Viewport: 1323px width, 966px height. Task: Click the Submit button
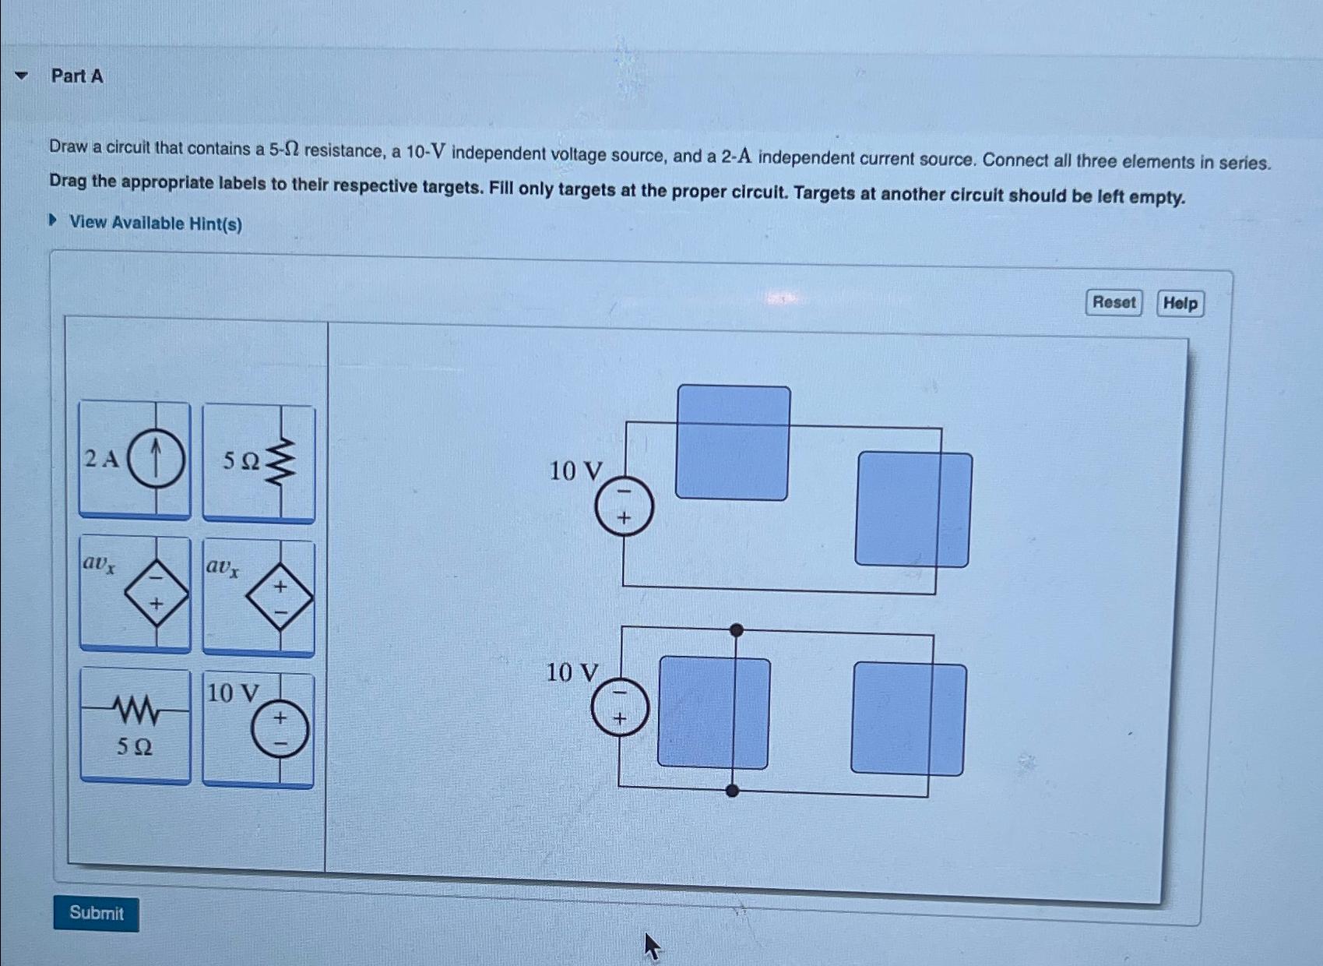coord(96,913)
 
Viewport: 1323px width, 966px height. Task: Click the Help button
coord(1180,303)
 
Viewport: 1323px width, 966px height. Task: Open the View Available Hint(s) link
coord(155,224)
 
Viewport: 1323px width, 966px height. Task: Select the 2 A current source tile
coord(135,459)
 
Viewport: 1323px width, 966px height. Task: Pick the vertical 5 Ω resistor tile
coord(259,463)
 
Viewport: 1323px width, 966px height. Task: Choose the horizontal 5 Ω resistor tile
coord(135,725)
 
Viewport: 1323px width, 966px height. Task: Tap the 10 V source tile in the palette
coord(259,730)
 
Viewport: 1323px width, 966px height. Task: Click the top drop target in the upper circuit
coord(732,442)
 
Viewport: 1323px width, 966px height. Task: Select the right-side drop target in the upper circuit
coord(913,509)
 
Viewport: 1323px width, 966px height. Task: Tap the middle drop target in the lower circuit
coord(714,713)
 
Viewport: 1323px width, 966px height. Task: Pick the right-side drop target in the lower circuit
coord(908,719)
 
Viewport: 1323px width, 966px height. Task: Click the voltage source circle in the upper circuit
coord(624,506)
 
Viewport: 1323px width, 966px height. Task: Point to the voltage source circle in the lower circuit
coord(620,707)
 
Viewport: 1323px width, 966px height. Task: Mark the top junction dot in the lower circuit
coord(737,630)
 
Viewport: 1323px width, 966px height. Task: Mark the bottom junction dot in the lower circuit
coord(732,791)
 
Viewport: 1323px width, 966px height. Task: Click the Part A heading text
coord(77,76)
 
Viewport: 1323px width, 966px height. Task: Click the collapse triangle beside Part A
coord(22,76)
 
